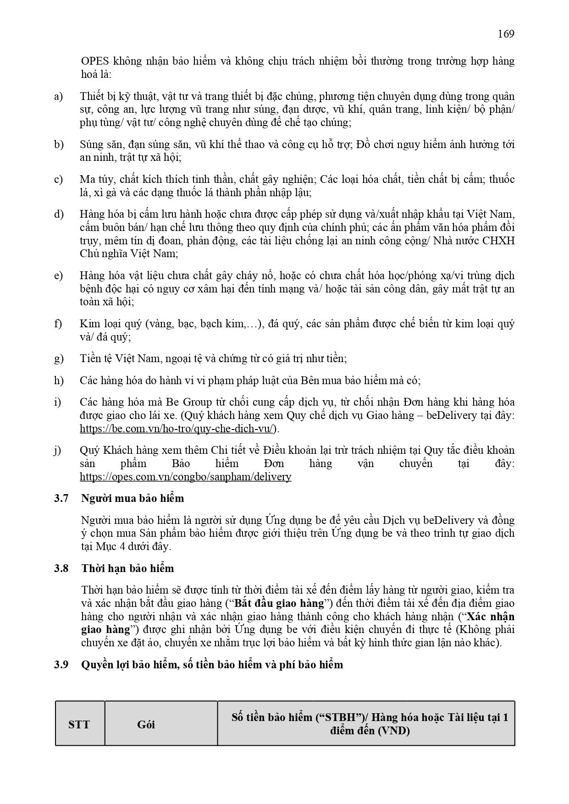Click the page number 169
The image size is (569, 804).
(506, 34)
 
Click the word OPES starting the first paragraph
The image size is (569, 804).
(94, 61)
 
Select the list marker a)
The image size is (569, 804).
(59, 97)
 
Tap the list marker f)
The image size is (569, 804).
(58, 324)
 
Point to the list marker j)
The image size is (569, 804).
(58, 451)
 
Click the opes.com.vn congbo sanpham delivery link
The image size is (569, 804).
(185, 477)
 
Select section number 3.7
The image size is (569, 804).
(61, 499)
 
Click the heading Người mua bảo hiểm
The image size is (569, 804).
(133, 499)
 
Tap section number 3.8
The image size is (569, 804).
(61, 569)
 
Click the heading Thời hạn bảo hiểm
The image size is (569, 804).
(127, 569)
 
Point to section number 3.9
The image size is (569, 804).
(61, 665)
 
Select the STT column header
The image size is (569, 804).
(79, 725)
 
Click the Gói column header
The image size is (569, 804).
(146, 725)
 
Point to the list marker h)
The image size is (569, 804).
(59, 381)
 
